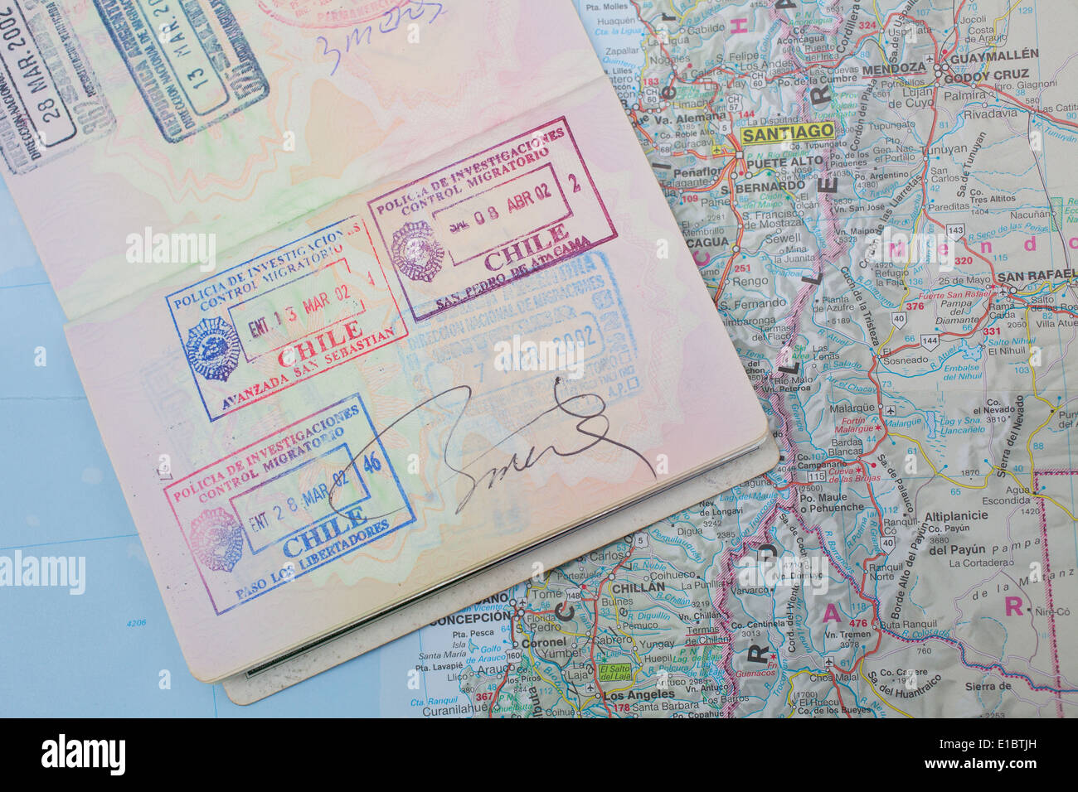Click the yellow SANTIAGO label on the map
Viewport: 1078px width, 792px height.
point(787,133)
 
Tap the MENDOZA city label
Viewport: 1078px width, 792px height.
point(893,68)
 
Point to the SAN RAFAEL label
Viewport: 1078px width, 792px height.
point(1037,276)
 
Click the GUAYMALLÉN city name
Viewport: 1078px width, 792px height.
point(993,55)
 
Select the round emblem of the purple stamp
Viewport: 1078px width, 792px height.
point(417,251)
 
